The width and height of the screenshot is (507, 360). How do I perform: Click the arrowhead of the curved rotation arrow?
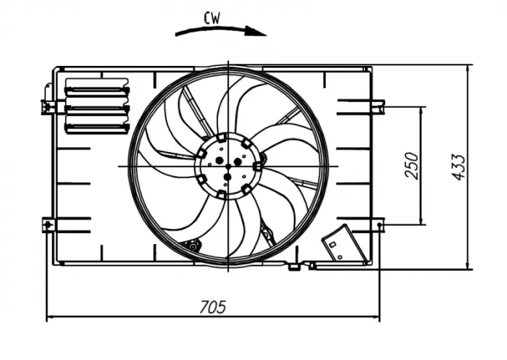point(259,31)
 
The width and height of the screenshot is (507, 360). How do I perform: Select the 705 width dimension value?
point(211,306)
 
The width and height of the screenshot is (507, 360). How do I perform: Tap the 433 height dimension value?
point(458,167)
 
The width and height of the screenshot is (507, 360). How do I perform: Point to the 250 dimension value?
point(411,167)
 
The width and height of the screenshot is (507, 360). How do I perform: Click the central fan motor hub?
point(227,166)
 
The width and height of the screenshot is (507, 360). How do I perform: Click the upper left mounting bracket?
point(48,106)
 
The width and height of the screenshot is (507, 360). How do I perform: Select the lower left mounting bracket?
point(49,225)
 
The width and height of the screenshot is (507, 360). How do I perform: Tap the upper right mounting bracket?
point(377,106)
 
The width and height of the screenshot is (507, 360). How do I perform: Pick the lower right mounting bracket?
point(377,225)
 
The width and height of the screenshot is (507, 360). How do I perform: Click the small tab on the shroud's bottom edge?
point(294,267)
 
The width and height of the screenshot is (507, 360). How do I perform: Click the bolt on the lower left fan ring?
point(193,246)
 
